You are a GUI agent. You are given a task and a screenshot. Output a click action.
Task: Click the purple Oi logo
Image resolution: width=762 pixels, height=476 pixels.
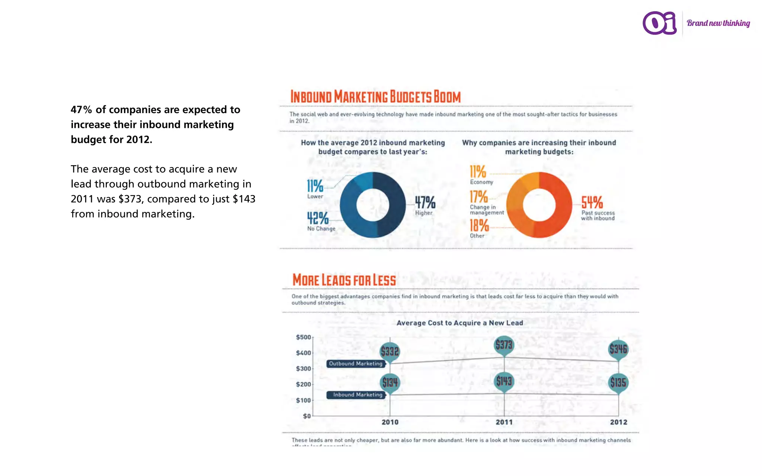tap(659, 23)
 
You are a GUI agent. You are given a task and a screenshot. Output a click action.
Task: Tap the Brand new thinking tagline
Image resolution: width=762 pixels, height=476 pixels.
tap(718, 23)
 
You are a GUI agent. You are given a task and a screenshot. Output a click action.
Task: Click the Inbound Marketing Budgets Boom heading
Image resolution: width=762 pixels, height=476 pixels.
tap(375, 97)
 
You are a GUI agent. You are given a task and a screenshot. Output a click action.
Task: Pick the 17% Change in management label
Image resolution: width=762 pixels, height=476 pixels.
tap(484, 202)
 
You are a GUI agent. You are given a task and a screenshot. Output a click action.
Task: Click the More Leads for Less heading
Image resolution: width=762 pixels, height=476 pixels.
tap(344, 280)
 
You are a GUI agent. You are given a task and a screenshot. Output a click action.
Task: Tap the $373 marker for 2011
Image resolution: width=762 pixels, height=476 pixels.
tap(504, 345)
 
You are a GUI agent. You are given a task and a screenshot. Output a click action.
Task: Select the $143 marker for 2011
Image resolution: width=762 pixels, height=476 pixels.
tap(504, 381)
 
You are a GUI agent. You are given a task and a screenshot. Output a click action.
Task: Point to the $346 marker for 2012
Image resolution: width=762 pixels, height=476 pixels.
tap(618, 349)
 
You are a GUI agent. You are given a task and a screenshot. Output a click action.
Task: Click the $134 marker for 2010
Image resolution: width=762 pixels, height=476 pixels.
tap(390, 382)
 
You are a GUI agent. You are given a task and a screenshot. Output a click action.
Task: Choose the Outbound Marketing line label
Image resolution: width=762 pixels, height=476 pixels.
tap(355, 364)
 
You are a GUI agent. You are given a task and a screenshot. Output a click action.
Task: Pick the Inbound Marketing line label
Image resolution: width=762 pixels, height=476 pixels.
tap(357, 395)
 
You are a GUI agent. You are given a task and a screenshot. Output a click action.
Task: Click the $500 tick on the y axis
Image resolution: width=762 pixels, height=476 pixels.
tap(303, 337)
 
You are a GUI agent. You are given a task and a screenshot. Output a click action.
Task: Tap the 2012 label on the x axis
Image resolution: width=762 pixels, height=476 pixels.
tap(618, 422)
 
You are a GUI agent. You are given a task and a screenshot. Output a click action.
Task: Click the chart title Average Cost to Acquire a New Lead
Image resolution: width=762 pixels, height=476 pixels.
tap(460, 323)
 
